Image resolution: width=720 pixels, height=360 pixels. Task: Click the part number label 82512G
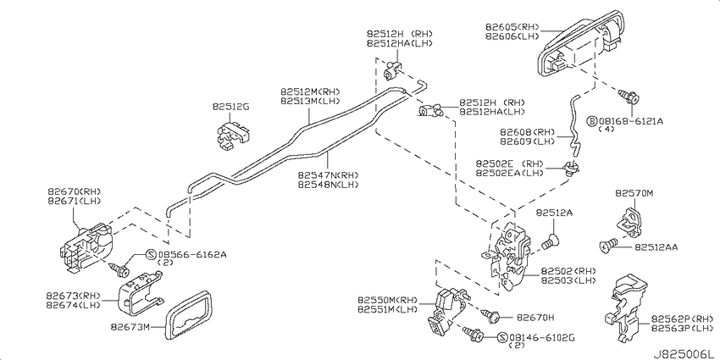(230, 107)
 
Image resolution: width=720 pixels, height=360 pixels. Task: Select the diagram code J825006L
(684, 354)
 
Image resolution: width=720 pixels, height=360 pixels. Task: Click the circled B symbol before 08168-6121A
(592, 121)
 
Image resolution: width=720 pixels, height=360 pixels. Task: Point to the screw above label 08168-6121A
(629, 97)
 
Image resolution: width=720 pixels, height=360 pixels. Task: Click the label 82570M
(634, 194)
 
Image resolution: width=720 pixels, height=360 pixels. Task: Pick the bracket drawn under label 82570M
(632, 222)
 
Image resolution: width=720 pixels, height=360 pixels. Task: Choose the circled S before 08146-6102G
(502, 338)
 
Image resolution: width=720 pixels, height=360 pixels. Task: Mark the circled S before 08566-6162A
(151, 254)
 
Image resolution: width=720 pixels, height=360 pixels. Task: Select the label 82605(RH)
(512, 27)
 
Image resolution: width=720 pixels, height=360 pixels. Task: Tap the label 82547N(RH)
(327, 175)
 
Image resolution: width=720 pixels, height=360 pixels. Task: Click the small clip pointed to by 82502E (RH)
(572, 168)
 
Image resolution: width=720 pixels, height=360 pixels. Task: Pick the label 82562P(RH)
(683, 318)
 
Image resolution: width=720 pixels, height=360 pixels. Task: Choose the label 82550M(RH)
(388, 301)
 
